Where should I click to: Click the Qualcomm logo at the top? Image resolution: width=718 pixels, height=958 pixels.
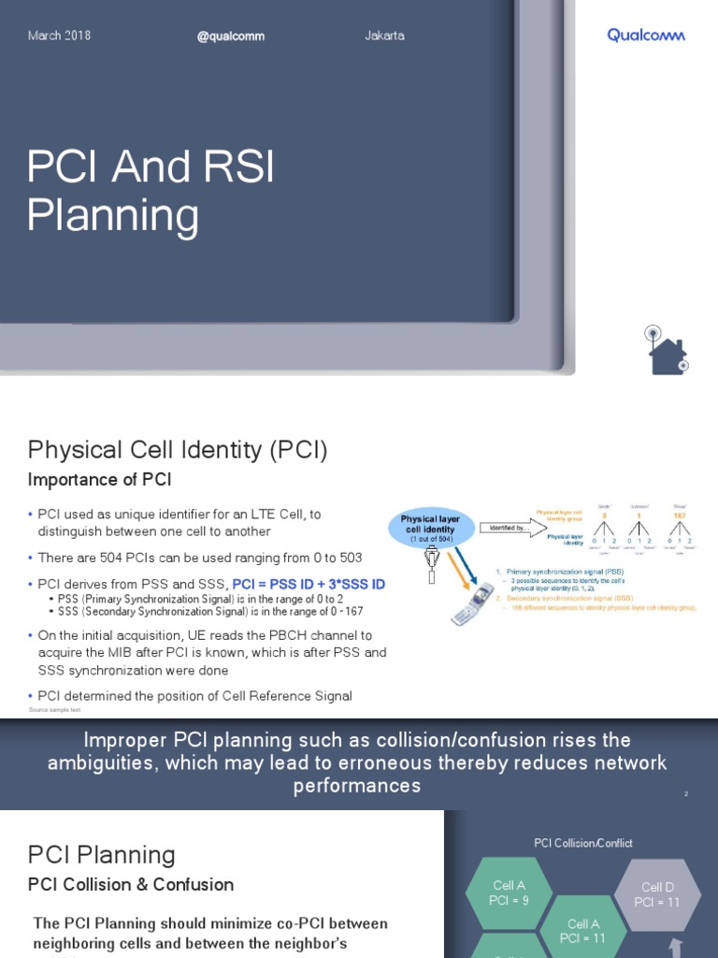click(x=645, y=36)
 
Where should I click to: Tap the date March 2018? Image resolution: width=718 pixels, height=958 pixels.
click(x=59, y=36)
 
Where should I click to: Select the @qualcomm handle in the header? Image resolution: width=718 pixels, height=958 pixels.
click(x=231, y=36)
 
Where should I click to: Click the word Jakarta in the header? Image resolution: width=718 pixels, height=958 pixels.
click(x=384, y=36)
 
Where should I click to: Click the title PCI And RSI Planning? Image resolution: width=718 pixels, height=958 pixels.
click(x=151, y=192)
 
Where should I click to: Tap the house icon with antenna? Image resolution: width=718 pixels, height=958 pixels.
click(x=667, y=351)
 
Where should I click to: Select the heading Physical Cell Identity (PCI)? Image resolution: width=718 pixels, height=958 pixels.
click(x=178, y=450)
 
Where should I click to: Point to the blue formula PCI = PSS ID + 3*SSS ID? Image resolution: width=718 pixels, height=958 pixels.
click(x=309, y=584)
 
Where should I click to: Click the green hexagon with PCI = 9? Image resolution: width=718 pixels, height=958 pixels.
click(x=508, y=893)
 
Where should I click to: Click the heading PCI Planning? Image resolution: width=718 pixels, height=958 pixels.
click(x=102, y=854)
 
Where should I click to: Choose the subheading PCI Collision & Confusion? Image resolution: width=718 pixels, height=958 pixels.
click(x=131, y=884)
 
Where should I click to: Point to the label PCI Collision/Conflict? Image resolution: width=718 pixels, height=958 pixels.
click(x=582, y=843)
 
